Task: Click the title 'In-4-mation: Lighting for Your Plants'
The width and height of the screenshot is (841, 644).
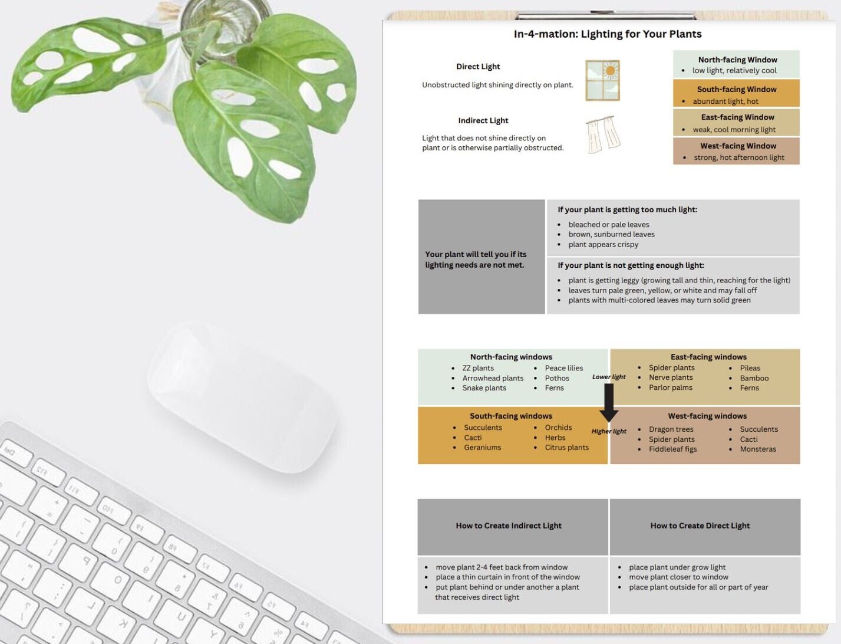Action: (607, 34)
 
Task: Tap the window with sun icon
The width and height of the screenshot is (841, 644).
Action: (602, 80)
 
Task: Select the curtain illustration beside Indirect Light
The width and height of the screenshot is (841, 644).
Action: (603, 134)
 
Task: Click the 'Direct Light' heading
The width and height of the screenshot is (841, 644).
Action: (478, 67)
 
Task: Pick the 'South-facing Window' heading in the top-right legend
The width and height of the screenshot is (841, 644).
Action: (736, 90)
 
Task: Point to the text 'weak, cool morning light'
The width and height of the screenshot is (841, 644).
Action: (734, 130)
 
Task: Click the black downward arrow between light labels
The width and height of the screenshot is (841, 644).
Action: (609, 403)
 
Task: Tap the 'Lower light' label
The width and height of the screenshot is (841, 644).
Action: (609, 377)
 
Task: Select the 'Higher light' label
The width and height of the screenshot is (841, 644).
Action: (609, 431)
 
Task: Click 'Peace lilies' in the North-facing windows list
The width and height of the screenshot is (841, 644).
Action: (563, 368)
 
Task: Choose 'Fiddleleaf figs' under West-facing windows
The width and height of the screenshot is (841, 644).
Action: (672, 449)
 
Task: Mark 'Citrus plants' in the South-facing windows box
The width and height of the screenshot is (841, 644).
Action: (566, 448)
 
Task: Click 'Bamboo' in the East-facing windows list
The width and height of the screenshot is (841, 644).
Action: (754, 378)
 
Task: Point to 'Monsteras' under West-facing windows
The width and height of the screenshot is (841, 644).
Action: (758, 449)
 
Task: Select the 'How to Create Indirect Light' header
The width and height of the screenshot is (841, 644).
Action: (509, 525)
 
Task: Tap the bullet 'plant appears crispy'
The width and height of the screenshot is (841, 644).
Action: (603, 245)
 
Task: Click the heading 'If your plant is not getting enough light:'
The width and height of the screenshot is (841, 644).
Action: (631, 265)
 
